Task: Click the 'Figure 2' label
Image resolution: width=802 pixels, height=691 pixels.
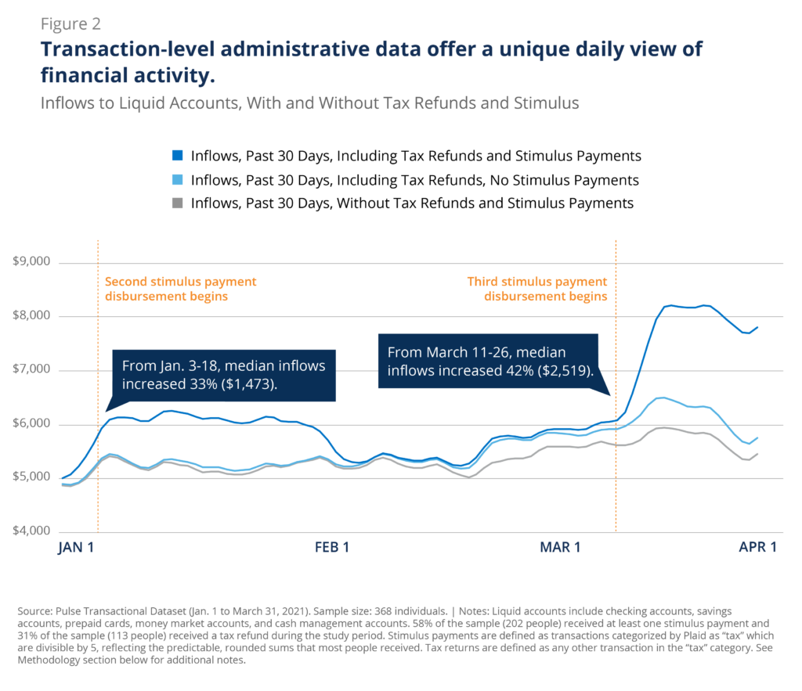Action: tap(70, 24)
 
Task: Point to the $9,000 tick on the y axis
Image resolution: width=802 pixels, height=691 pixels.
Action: tap(33, 262)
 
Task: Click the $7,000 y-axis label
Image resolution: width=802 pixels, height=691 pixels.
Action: tap(33, 370)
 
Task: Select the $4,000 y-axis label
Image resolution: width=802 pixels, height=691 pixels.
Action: tap(33, 532)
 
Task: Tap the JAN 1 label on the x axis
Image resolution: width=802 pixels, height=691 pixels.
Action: tap(76, 548)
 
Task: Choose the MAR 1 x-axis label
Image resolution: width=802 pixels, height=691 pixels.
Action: tap(560, 548)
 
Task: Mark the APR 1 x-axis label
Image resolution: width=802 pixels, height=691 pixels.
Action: tap(757, 548)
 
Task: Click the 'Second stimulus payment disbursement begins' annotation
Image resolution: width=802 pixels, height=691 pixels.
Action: tap(180, 289)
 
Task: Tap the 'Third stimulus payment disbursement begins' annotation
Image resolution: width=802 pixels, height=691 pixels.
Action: tap(537, 289)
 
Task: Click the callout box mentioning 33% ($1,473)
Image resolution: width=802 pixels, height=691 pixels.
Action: tap(226, 375)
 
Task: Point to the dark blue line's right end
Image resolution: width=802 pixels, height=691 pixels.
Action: tap(758, 327)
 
